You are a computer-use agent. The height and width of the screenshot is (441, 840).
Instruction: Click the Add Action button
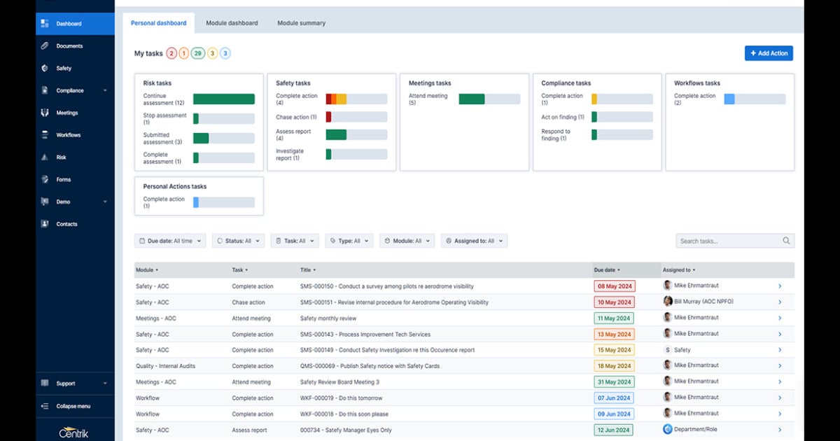tap(769, 53)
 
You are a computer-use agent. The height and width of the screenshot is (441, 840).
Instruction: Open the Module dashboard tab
tap(232, 23)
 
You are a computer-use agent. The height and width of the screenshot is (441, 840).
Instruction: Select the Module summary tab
tap(301, 23)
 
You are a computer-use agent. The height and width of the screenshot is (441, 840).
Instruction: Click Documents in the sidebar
tap(69, 46)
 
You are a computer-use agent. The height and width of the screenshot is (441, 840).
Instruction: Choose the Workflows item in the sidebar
tap(69, 135)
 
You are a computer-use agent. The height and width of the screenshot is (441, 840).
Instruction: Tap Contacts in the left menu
tap(66, 224)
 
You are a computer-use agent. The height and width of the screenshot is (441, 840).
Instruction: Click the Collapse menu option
tap(73, 406)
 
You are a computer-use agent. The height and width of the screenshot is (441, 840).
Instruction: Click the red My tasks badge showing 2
tap(171, 53)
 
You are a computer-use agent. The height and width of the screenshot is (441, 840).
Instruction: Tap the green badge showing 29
tap(198, 53)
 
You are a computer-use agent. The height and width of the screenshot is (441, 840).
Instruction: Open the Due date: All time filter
tap(171, 241)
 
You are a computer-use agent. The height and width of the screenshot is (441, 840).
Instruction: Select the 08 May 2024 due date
tap(614, 286)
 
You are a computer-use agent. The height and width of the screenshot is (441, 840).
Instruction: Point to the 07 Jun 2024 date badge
tap(614, 398)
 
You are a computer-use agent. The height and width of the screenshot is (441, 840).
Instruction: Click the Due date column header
tap(606, 269)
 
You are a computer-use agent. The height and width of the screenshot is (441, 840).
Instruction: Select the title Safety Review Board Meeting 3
tap(339, 382)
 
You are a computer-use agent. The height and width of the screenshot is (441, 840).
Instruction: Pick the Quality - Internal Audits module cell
tap(165, 366)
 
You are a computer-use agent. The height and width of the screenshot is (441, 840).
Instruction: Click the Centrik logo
tap(74, 431)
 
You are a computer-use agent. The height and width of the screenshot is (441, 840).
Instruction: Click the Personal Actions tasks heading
tap(175, 187)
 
